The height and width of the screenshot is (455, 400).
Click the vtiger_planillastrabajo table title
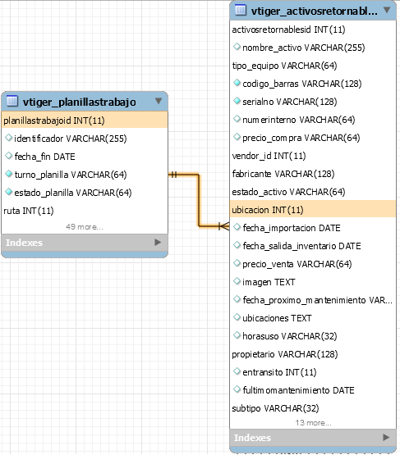[80, 102]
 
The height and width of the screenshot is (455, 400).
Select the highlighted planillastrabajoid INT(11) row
[85, 121]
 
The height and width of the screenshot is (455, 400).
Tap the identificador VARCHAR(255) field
[71, 139]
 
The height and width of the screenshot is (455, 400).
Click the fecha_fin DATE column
[45, 157]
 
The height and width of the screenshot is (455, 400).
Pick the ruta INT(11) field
[29, 211]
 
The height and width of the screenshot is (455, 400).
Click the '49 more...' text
[85, 226]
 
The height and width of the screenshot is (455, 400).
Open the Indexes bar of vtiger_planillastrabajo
[85, 243]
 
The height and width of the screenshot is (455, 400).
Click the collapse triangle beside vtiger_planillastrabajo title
[159, 101]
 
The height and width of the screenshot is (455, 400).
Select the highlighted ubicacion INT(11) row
[313, 210]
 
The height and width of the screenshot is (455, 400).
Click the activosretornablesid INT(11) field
[288, 30]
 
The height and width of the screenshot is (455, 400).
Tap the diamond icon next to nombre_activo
[237, 47]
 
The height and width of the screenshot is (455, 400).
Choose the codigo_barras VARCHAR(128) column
[302, 84]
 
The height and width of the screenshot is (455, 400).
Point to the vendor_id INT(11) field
[269, 156]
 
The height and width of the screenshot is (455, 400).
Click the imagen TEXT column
[269, 282]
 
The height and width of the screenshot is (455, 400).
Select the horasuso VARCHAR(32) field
[290, 336]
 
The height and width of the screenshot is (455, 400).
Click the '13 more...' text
[314, 423]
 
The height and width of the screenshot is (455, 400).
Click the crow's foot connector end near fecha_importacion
[224, 226]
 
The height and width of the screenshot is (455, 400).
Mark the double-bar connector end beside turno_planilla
[173, 175]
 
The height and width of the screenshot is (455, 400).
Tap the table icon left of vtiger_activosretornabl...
[240, 10]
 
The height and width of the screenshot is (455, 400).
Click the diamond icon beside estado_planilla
[9, 192]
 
